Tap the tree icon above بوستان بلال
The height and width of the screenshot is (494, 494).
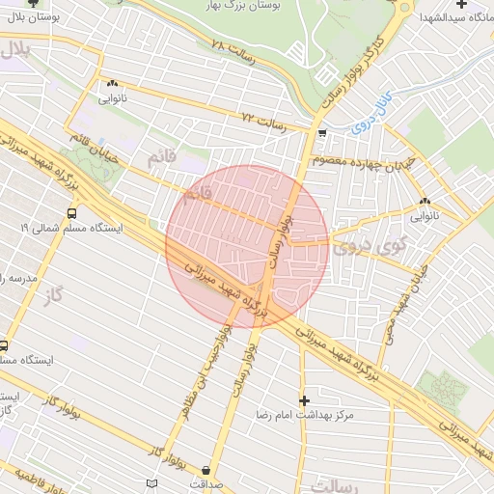tap(33, 4)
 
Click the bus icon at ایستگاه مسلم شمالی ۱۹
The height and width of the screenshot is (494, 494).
tap(72, 213)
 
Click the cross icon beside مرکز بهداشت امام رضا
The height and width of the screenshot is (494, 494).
tap(305, 399)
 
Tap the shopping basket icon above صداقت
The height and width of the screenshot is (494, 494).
tap(205, 470)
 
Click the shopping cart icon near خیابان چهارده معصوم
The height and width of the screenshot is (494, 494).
tap(321, 134)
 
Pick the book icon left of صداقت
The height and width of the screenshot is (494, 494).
tap(151, 482)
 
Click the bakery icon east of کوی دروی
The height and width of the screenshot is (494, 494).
tap(425, 201)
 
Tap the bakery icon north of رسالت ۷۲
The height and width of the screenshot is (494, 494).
tap(113, 83)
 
